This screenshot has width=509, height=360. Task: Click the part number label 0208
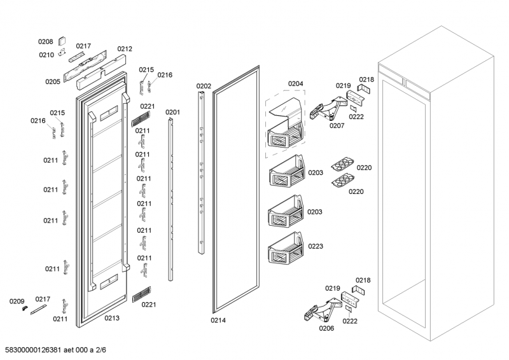pyautogui.click(x=45, y=41)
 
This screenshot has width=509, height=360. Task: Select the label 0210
pyautogui.click(x=46, y=55)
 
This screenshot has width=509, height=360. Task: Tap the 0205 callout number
pyautogui.click(x=52, y=81)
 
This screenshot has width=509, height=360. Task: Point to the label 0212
pyautogui.click(x=125, y=49)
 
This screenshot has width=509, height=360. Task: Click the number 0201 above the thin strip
pyautogui.click(x=173, y=113)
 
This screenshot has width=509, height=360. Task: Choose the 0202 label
pyautogui.click(x=204, y=86)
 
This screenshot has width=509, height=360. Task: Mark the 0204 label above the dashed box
pyautogui.click(x=295, y=83)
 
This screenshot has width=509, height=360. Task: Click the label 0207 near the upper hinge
pyautogui.click(x=337, y=126)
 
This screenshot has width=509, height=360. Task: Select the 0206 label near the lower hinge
pyautogui.click(x=326, y=329)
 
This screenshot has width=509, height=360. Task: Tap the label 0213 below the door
pyautogui.click(x=112, y=317)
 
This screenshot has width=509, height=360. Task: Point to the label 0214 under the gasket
pyautogui.click(x=218, y=320)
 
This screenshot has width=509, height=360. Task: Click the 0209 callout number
pyautogui.click(x=17, y=301)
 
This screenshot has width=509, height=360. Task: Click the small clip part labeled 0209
pyautogui.click(x=24, y=308)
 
